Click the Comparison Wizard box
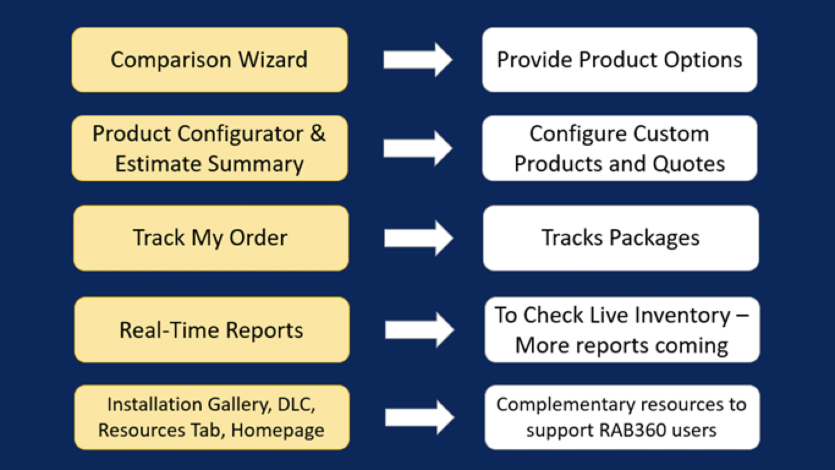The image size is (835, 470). click(210, 60)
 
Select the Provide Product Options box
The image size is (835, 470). click(619, 60)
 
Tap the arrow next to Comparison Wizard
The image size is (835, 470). click(417, 60)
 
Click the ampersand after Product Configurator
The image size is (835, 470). click(318, 133)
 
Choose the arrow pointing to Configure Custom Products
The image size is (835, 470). click(417, 148)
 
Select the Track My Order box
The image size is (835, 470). click(211, 237)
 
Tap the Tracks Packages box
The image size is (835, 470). click(620, 237)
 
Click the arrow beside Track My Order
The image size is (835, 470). click(419, 237)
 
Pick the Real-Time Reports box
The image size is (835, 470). click(212, 330)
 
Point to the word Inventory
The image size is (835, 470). click(682, 315)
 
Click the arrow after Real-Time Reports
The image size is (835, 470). click(419, 330)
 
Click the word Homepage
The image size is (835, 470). click(278, 430)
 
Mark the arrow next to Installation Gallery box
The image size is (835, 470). click(419, 418)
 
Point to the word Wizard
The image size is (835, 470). click(273, 60)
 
